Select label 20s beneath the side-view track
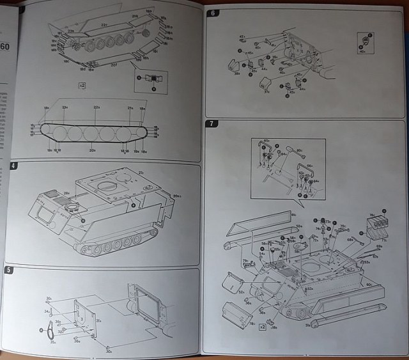coord(93,150)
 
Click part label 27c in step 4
coord(141,173)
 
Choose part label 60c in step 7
coord(369,284)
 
